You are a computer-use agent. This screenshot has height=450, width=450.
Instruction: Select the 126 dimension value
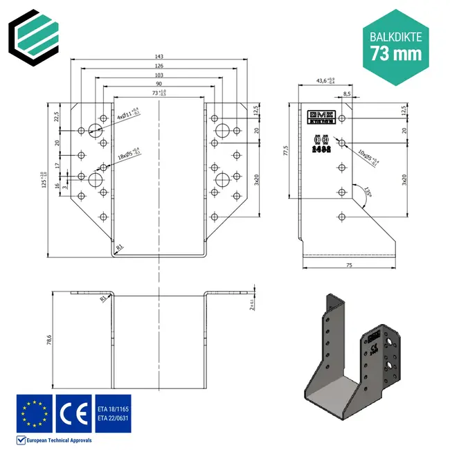160,66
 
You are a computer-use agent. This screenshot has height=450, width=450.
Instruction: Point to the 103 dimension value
160,75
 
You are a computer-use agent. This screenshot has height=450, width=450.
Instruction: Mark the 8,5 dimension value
346,93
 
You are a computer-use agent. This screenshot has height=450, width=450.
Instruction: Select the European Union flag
34,413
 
